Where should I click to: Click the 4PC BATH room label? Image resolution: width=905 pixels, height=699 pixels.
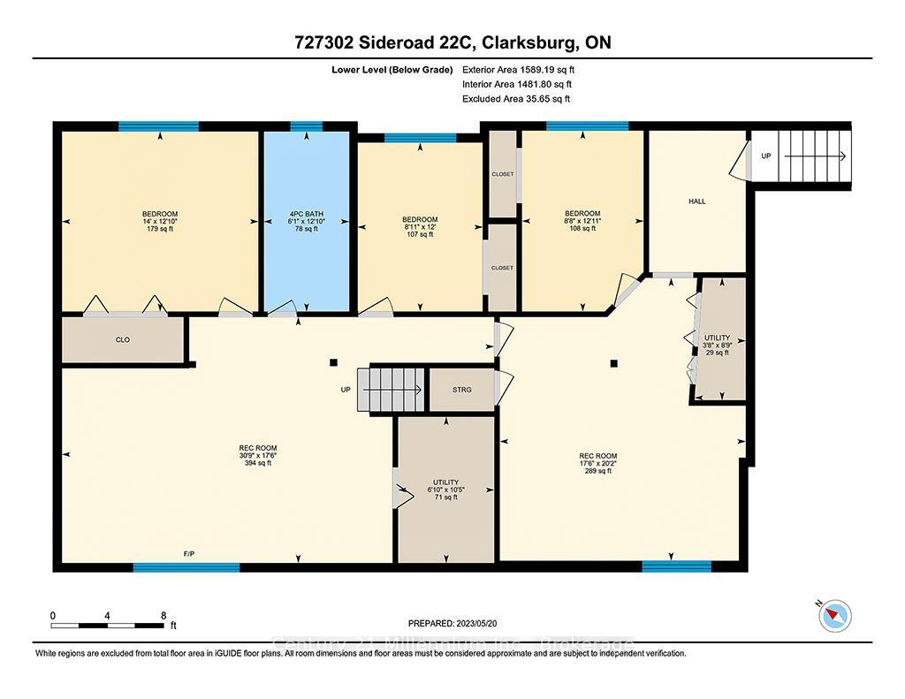pos(306,213)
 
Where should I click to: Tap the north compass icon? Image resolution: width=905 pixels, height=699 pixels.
pos(835,615)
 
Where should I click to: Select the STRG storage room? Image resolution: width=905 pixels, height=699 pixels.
pos(461,389)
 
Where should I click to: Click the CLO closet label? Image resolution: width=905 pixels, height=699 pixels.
pos(123,339)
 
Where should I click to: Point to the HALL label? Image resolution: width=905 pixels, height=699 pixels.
pos(697,201)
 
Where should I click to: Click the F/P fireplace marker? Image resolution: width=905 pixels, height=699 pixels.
pos(189,554)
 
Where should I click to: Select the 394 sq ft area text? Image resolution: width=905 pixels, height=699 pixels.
pos(258,463)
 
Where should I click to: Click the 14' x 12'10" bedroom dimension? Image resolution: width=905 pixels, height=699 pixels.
pos(160,222)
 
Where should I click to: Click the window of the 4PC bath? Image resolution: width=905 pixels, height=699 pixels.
pos(307,126)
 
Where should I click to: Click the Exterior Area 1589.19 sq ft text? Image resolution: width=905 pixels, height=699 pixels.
pos(523,69)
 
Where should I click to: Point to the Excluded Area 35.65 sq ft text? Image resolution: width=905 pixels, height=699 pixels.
pos(516,99)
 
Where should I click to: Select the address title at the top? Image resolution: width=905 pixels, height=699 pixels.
pos(452,42)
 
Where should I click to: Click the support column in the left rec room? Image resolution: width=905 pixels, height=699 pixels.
pos(332,362)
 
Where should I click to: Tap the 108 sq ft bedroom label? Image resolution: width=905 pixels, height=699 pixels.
pos(582,229)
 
